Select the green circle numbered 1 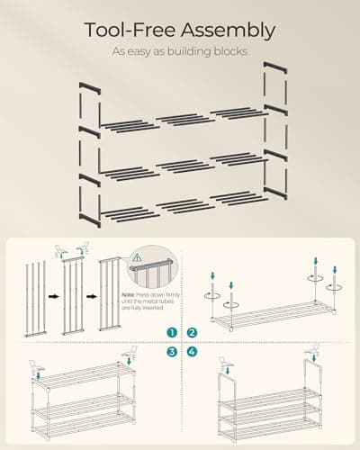[171, 333]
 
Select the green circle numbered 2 [190, 333]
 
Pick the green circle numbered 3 [171, 352]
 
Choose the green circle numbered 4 [190, 352]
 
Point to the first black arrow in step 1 [53, 294]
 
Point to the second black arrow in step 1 [91, 294]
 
